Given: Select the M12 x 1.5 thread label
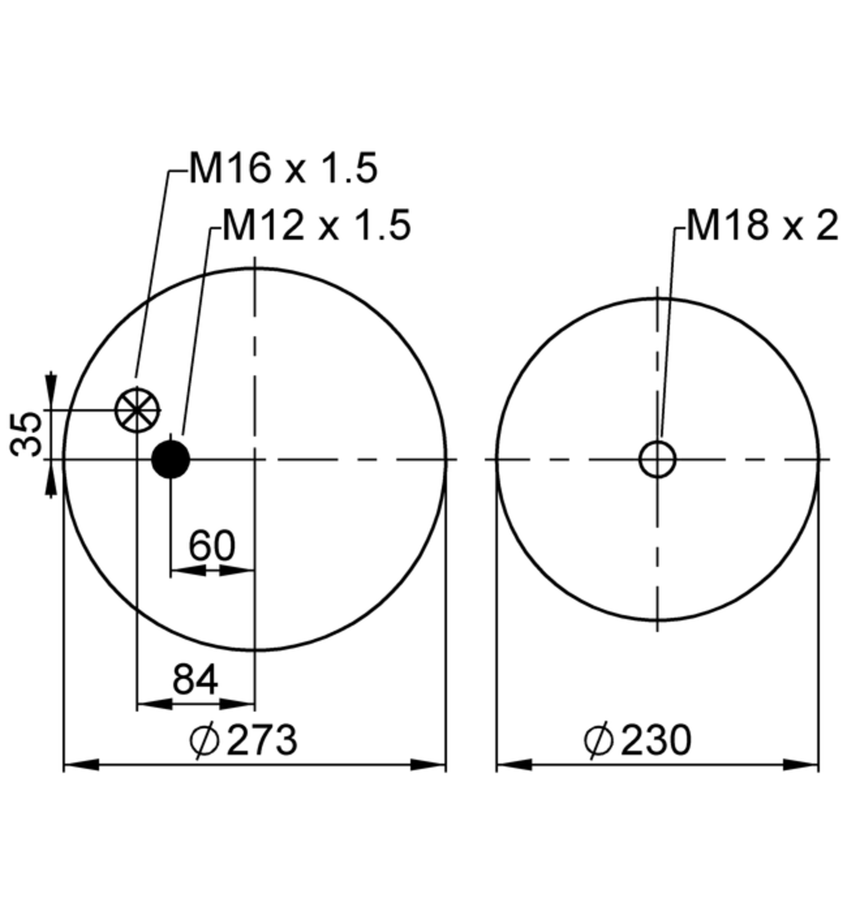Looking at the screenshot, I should (x=316, y=225).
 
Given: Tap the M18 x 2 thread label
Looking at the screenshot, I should (x=762, y=225).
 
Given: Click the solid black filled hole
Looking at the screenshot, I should (x=171, y=460).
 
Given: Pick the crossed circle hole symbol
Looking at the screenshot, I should (x=137, y=410).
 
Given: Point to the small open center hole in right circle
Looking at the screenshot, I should (x=657, y=460).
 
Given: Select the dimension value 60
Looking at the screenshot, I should (x=211, y=545).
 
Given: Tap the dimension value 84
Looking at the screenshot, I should (x=195, y=679).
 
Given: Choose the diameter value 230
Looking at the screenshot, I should (x=656, y=740).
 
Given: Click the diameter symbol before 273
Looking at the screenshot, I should (x=204, y=740).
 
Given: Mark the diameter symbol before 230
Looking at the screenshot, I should (x=598, y=740).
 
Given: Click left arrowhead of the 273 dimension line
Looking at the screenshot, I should (x=80, y=765).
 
